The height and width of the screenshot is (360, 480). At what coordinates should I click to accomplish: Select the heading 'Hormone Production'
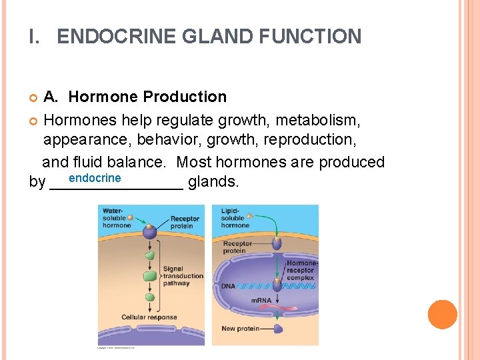(147, 97)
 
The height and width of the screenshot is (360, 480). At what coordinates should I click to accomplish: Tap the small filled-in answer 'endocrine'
(95, 178)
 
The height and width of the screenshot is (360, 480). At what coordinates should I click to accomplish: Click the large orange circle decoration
(442, 315)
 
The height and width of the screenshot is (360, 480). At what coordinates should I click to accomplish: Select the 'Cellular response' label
(149, 317)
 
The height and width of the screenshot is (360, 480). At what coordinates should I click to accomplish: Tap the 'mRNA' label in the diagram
(261, 301)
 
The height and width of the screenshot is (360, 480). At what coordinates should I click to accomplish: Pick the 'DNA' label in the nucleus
(229, 286)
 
